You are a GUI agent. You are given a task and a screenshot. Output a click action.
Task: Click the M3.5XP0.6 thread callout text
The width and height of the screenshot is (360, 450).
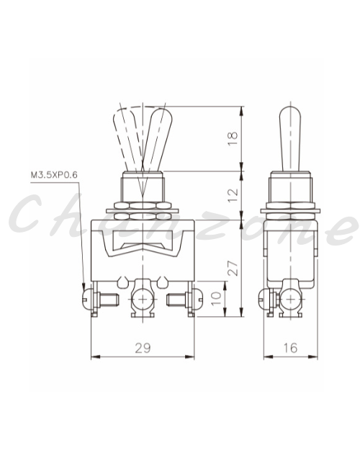pos(54,175)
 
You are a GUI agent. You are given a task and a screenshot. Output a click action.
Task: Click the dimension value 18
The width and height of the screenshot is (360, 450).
pos(233,139)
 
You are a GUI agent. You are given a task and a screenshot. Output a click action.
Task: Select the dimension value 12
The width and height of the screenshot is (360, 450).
pos(233,195)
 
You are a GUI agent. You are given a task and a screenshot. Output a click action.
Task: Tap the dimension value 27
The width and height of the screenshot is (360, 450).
pos(233,268)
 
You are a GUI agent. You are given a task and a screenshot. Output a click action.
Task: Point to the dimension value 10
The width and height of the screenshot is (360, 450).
pos(217,299)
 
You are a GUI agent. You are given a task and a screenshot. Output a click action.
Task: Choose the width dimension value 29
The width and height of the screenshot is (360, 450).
pos(143,348)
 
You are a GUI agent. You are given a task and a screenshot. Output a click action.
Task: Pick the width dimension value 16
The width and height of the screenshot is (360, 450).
pos(290,348)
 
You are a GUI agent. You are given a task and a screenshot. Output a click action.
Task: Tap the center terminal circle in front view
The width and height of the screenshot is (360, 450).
pos(143,299)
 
